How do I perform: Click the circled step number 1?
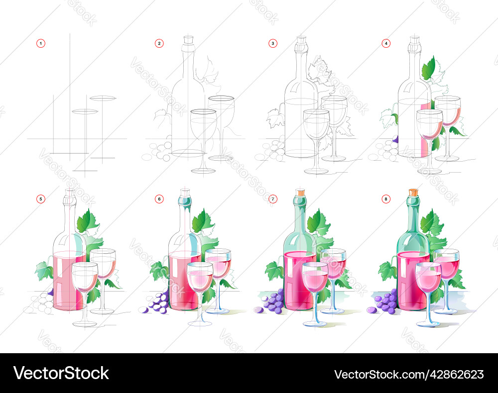pos(41,43)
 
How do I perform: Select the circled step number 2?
pos(159,43)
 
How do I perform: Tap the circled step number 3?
pos(272,43)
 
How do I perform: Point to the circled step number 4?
pos(386,43)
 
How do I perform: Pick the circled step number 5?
pos(41,199)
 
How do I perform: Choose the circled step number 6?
pos(159,199)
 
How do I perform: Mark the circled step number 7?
pos(272,199)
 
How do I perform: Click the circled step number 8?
pos(386,199)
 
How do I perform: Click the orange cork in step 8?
pos(413,192)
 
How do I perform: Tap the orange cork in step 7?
pos(300,192)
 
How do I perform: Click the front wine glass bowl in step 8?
pos(428,279)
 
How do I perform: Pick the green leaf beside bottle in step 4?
pos(428,68)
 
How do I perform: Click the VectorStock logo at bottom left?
pos(61,374)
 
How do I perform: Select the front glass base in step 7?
pos(315,324)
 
